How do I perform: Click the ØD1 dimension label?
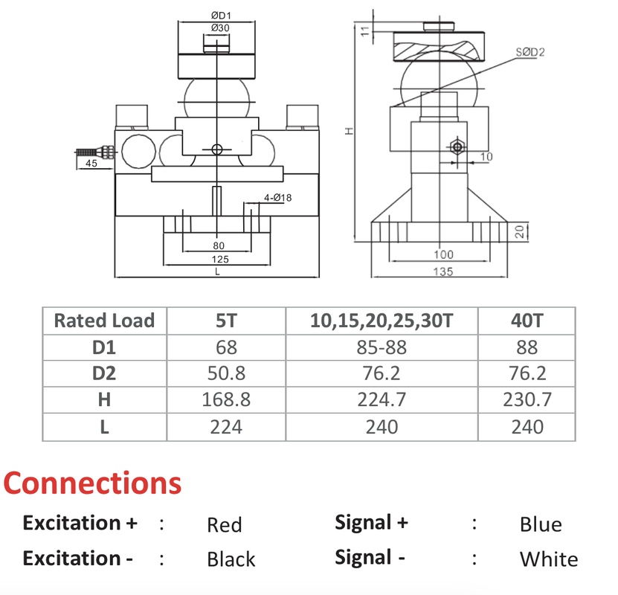219,15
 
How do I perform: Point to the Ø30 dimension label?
219,28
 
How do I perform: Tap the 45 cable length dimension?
91,164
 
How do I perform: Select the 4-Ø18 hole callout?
277,198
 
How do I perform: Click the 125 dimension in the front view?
219,259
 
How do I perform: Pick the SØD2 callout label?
530,52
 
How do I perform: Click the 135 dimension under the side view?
442,271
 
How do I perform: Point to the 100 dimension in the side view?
443,254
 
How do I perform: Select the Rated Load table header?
104,321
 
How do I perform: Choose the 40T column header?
527,321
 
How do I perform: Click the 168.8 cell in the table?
226,400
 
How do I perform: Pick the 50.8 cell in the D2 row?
226,374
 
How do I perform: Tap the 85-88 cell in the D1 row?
382,347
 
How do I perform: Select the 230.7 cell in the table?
527,400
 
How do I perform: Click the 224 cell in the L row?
226,427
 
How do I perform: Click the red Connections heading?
92,483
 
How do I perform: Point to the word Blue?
541,524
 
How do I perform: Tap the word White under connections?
548,559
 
